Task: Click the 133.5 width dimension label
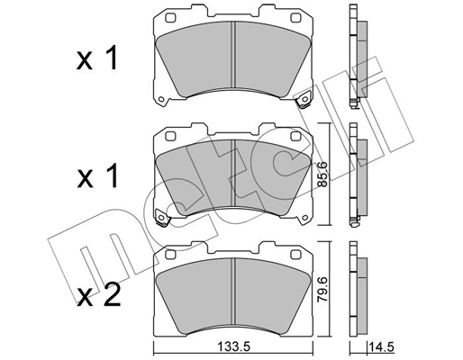click(x=233, y=347)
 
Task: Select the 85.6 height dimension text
click(x=323, y=174)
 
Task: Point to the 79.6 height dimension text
click(x=323, y=290)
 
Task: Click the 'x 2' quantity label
click(x=99, y=295)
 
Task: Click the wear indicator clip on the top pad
click(x=304, y=99)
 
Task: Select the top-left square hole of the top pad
click(x=170, y=18)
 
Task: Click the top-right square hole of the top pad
click(x=296, y=18)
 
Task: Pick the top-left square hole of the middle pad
click(x=170, y=136)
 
